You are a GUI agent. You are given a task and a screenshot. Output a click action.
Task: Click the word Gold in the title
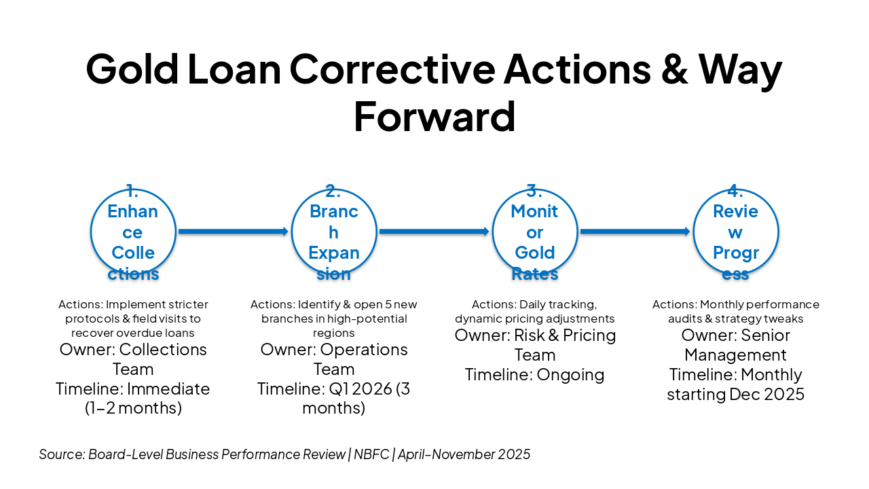[x=132, y=69]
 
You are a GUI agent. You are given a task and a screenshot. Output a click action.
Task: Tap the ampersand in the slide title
[x=675, y=69]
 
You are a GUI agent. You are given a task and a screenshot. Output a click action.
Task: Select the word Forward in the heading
[x=434, y=116]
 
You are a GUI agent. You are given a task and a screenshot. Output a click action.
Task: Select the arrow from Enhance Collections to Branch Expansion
[x=234, y=232]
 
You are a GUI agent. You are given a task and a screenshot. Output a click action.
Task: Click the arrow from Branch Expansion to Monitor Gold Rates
[x=434, y=232]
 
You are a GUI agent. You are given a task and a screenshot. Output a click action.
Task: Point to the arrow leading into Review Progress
[x=635, y=232]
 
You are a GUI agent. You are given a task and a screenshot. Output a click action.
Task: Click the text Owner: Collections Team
[x=133, y=359]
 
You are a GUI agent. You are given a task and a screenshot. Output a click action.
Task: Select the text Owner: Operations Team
[x=334, y=359]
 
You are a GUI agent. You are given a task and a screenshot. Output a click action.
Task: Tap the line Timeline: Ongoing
[x=535, y=375]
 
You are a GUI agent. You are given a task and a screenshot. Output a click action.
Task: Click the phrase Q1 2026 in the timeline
[x=360, y=389]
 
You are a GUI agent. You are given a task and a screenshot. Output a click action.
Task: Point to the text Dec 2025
[x=767, y=395]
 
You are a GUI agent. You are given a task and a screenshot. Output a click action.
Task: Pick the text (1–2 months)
[x=133, y=408]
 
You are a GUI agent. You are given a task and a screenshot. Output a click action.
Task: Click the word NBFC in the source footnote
[x=371, y=454]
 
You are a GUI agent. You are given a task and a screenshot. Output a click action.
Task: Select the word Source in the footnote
[x=62, y=454]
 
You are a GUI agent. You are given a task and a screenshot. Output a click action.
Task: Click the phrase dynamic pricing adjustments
[x=535, y=319]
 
